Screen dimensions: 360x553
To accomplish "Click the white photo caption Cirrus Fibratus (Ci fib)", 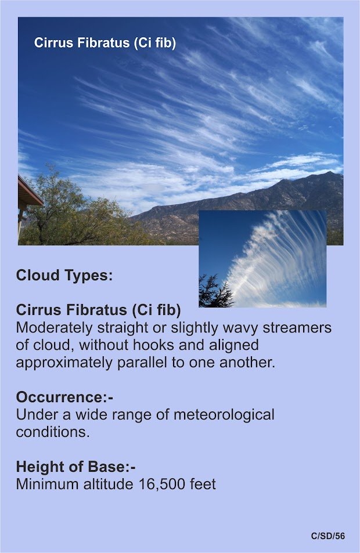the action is [x=105, y=43].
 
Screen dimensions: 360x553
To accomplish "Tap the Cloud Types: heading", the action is [x=64, y=275].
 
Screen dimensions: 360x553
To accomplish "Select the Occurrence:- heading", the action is [x=64, y=397].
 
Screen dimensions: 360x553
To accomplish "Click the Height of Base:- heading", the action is [x=76, y=467].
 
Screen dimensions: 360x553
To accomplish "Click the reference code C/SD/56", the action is [x=328, y=536].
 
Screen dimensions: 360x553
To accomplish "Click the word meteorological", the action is [x=224, y=415].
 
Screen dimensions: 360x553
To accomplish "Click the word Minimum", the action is [x=48, y=484].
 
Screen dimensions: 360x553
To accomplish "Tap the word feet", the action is [x=203, y=484].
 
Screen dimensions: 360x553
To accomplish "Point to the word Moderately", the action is [x=55, y=328].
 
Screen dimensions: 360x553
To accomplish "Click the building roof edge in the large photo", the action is [x=30, y=190].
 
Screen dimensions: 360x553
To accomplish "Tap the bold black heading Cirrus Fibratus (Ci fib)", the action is [x=99, y=310].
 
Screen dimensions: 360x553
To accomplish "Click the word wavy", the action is [x=238, y=328].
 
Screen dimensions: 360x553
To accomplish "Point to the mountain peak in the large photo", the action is [x=329, y=173].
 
